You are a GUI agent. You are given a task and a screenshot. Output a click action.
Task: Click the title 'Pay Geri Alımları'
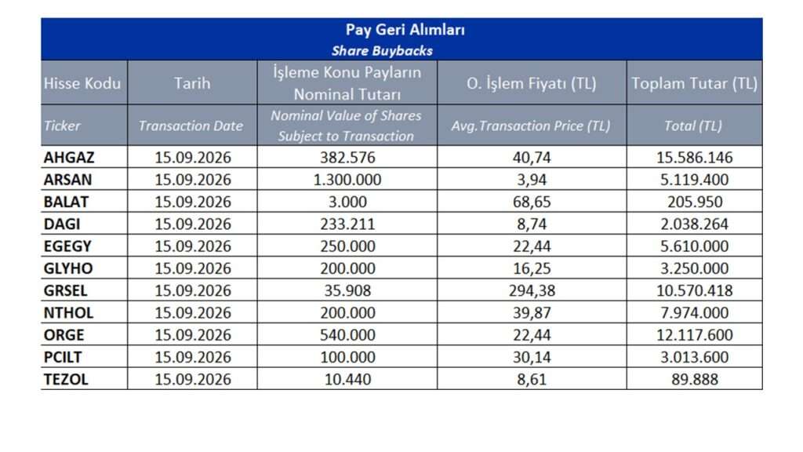tap(405, 30)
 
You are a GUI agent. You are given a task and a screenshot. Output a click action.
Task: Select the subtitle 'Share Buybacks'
tap(382, 51)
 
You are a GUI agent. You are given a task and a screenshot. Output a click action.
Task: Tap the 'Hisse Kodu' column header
tap(82, 83)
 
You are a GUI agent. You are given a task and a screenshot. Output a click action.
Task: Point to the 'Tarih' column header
tap(192, 83)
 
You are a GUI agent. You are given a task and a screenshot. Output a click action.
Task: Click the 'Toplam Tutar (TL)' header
tap(695, 83)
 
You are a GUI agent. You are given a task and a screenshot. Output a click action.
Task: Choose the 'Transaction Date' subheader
tap(191, 126)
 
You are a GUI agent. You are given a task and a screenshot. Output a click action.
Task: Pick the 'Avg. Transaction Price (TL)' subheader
tap(531, 126)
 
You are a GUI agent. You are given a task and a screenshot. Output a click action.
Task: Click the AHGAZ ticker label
tap(69, 157)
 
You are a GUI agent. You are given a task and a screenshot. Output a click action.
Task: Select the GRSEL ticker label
tap(66, 290)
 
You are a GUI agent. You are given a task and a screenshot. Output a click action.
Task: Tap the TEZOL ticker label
tap(66, 379)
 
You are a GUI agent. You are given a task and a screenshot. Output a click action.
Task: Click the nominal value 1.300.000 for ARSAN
tap(347, 180)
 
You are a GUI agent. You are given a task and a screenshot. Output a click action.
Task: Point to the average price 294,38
tap(532, 290)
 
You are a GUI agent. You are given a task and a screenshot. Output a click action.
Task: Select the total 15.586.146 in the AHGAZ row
tap(695, 157)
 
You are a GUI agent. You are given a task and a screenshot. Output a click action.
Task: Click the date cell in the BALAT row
tap(193, 202)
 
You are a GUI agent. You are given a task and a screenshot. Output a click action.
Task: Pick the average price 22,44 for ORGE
tap(532, 334)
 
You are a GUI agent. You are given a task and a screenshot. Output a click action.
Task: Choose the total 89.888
tap(695, 379)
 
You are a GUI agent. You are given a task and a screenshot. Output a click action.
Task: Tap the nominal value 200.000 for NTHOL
tap(347, 312)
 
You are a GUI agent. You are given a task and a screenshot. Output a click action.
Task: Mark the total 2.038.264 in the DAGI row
tap(695, 224)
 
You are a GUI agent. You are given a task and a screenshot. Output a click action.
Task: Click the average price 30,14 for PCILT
tap(532, 357)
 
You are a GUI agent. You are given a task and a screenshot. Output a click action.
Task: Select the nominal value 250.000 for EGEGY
tap(347, 246)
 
